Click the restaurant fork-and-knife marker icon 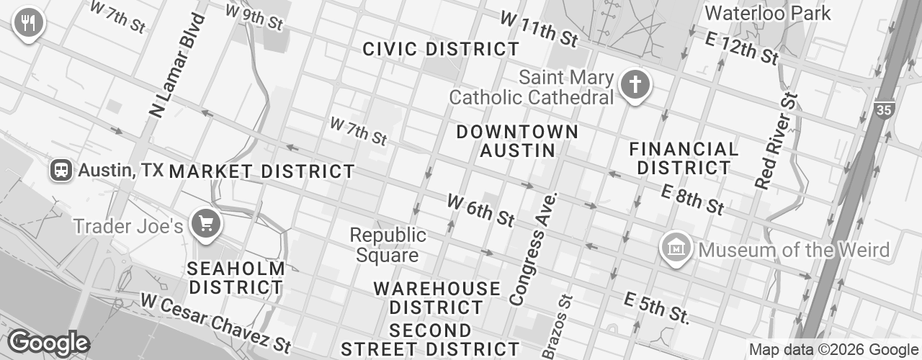point(28,22)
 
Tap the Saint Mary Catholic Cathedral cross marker point(635,86)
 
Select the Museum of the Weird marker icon point(676,248)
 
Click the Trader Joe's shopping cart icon point(206,225)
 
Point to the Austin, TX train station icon point(61,170)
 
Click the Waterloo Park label point(767,13)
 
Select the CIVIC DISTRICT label point(441,49)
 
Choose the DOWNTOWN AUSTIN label point(517,141)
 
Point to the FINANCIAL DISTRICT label point(684,158)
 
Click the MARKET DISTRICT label point(261,171)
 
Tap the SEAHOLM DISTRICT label point(236,278)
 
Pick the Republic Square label point(388,245)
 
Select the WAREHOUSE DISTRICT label point(437,297)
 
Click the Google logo point(48,343)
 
